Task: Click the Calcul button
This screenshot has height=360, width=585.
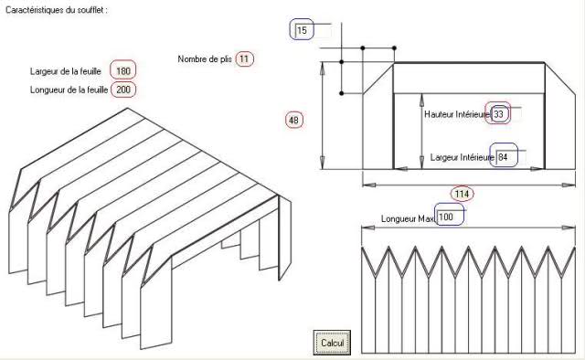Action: pyautogui.click(x=332, y=343)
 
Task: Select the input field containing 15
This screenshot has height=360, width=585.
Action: pyautogui.click(x=313, y=30)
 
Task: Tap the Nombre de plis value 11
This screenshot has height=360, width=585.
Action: pyautogui.click(x=244, y=59)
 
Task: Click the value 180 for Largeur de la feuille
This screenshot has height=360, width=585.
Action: pyautogui.click(x=123, y=71)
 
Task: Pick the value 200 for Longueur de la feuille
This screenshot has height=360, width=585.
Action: pyautogui.click(x=123, y=90)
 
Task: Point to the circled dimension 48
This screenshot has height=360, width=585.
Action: pyautogui.click(x=294, y=120)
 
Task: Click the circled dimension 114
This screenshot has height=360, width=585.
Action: pyautogui.click(x=462, y=194)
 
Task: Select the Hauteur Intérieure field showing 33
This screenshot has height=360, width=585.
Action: pyautogui.click(x=505, y=114)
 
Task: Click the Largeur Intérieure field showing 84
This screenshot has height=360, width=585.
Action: pyautogui.click(x=510, y=157)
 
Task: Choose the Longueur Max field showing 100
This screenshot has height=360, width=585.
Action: pyautogui.click(x=451, y=217)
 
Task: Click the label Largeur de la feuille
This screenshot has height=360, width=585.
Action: pyautogui.click(x=66, y=71)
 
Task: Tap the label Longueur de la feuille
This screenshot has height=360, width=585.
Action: pyautogui.click(x=69, y=90)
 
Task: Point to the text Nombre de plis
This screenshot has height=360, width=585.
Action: pyautogui.click(x=205, y=59)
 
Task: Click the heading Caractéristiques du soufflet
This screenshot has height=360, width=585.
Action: pyautogui.click(x=57, y=10)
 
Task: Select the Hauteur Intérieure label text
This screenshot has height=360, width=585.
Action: pyautogui.click(x=457, y=114)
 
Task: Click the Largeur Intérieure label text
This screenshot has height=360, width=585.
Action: pyautogui.click(x=463, y=157)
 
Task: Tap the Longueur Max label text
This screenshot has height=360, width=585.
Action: pyautogui.click(x=408, y=218)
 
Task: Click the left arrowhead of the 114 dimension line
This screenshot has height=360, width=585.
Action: pyautogui.click(x=368, y=185)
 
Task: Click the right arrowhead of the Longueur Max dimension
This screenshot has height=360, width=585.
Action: pyautogui.click(x=569, y=228)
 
